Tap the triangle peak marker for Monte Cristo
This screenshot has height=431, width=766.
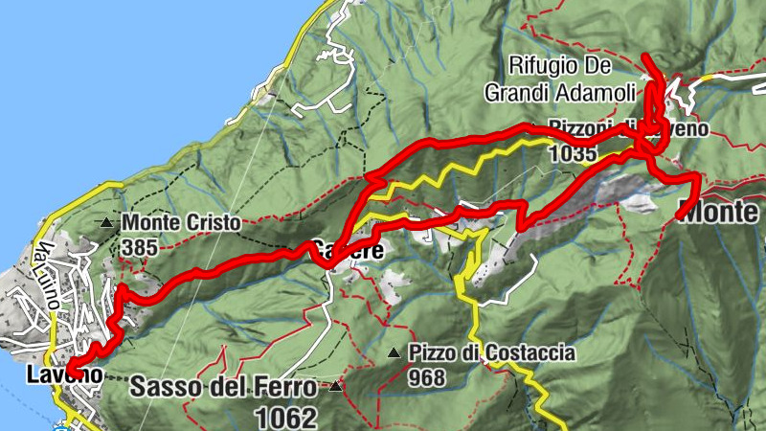click(x=106, y=223)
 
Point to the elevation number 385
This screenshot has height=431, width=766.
click(x=140, y=247)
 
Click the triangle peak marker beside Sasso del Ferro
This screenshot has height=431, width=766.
click(x=335, y=387)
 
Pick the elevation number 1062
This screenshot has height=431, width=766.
click(x=285, y=417)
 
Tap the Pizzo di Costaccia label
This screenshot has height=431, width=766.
click(x=492, y=353)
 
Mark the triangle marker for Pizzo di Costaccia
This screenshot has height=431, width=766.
click(x=394, y=353)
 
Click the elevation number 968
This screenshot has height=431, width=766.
click(x=426, y=377)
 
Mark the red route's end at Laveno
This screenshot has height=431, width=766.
click(x=70, y=370)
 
